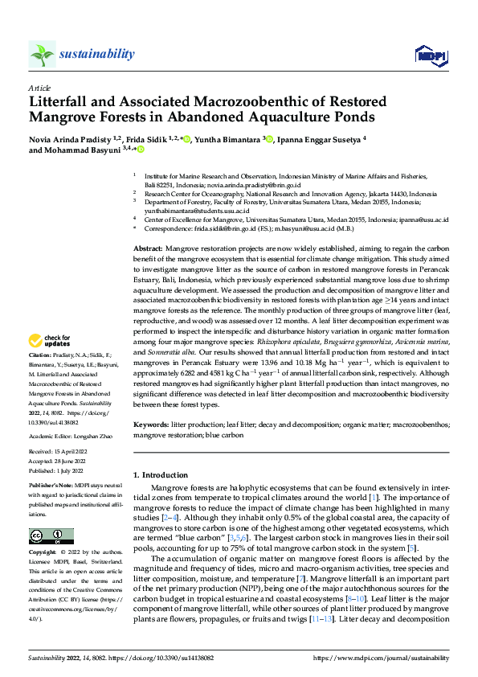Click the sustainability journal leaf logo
pos(42,55)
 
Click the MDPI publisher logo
pos(427,55)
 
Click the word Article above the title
pos(39,88)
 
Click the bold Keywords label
pos(151,424)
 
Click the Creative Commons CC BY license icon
pos(51,535)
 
